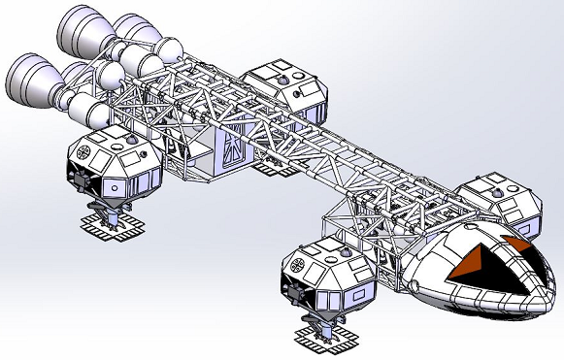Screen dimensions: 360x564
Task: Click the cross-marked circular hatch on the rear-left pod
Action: [x=82, y=150]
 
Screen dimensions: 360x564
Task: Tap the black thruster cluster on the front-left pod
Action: [x=291, y=289]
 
